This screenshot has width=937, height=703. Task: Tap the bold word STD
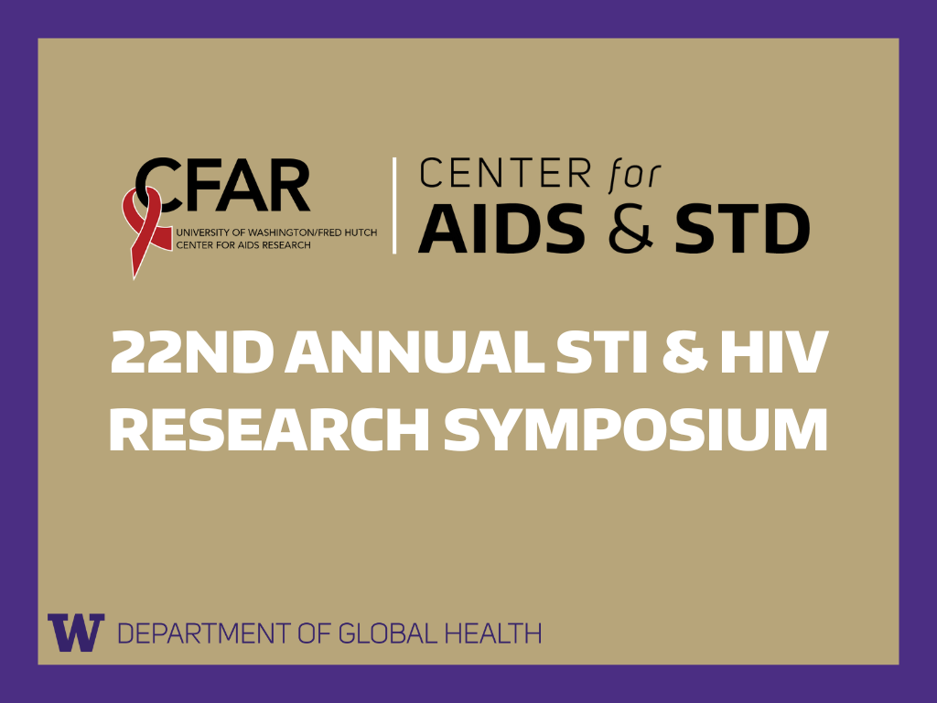click(x=741, y=229)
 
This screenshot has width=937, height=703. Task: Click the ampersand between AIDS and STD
click(x=631, y=229)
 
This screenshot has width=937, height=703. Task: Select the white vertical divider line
click(x=394, y=205)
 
